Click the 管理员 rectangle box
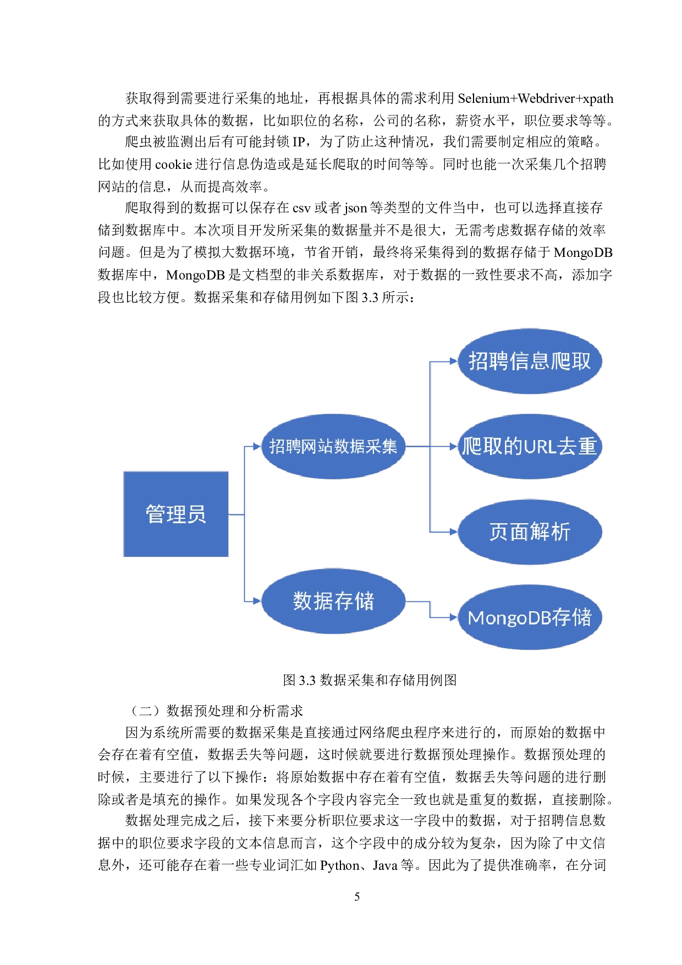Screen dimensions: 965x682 click(175, 514)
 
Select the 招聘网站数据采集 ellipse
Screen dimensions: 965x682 click(333, 446)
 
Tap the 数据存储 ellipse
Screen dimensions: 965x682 click(333, 601)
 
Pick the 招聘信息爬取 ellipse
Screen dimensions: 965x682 click(529, 361)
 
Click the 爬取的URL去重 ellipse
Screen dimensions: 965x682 click(529, 446)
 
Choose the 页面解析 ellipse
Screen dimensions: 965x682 click(529, 531)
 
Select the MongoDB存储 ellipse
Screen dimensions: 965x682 click(529, 617)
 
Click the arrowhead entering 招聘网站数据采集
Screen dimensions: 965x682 click(257, 446)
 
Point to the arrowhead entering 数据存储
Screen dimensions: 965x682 click(257, 601)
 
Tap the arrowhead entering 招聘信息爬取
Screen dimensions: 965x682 click(453, 361)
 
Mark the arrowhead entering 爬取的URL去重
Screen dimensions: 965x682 click(453, 446)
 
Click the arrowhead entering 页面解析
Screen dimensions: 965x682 click(453, 532)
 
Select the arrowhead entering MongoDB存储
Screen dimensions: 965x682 click(453, 617)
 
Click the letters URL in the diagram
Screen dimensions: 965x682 click(540, 447)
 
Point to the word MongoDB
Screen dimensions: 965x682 click(509, 618)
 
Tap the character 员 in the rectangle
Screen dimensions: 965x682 click(196, 514)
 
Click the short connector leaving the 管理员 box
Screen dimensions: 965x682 click(236, 514)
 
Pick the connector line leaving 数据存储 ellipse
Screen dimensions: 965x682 click(418, 601)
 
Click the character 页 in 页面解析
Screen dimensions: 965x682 click(499, 532)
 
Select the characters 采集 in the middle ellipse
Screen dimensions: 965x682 click(382, 446)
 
